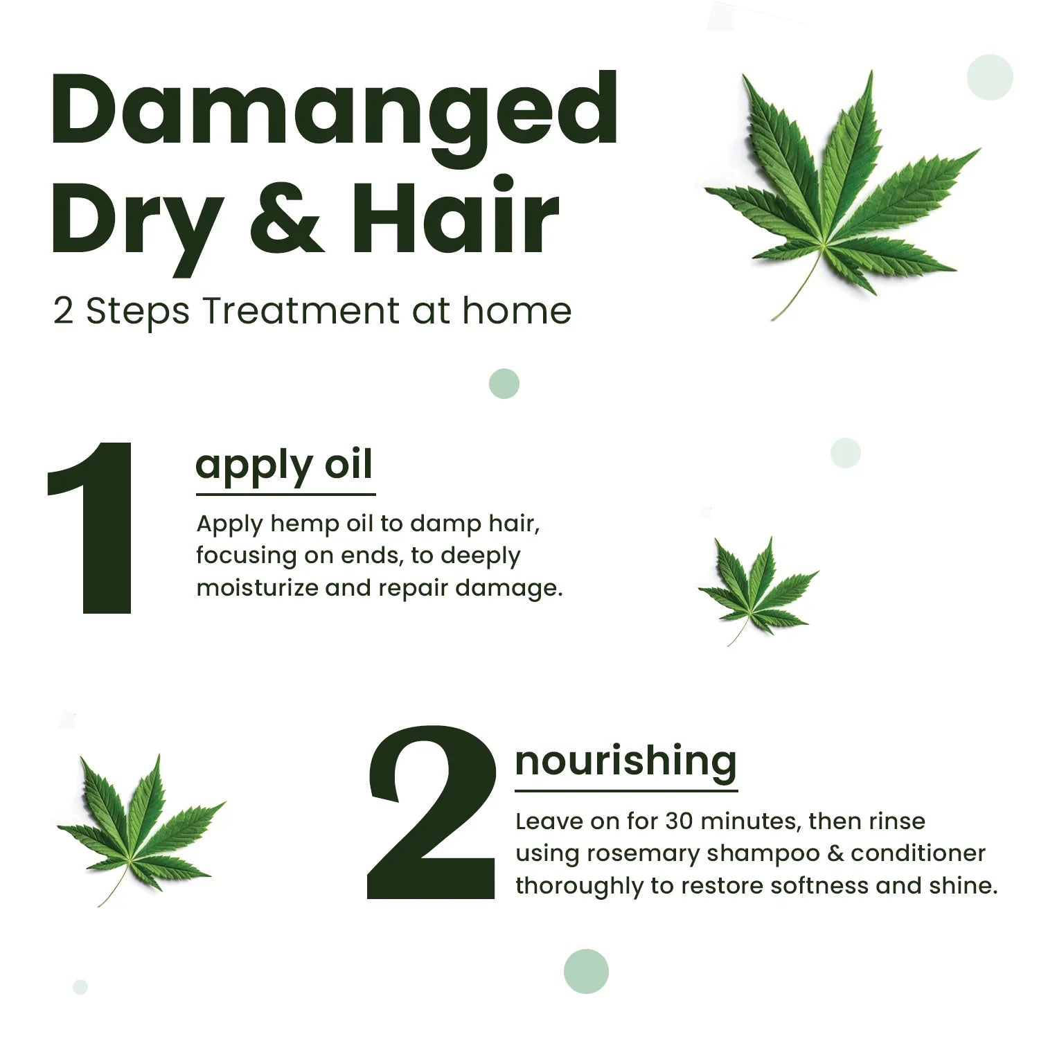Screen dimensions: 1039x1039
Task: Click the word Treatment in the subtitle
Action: point(301,311)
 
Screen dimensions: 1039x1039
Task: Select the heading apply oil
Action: point(284,465)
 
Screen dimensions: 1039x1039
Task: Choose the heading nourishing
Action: point(625,761)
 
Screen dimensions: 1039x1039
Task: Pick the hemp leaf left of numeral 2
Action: point(139,828)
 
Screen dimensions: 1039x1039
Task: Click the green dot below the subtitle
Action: point(504,384)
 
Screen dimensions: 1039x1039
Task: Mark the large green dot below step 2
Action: point(586,971)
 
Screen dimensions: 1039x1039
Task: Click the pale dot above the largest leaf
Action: point(989,77)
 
